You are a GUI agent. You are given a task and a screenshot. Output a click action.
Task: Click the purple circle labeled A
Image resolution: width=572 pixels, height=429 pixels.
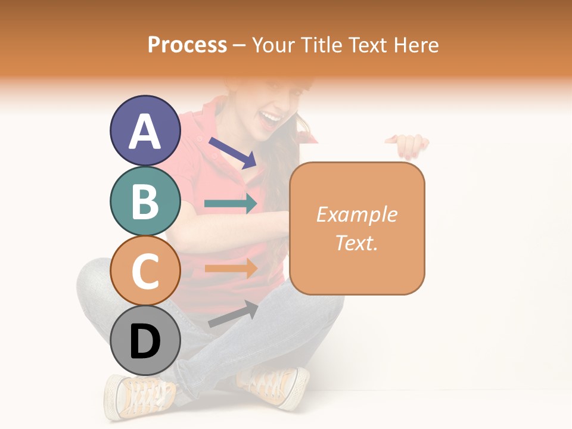tap(145, 131)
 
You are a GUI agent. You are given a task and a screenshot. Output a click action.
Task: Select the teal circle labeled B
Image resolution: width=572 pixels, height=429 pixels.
tap(145, 201)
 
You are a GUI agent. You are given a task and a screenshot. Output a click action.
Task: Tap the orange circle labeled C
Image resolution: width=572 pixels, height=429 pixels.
tap(145, 271)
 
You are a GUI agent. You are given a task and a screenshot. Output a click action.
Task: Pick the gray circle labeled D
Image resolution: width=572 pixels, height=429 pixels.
tap(145, 340)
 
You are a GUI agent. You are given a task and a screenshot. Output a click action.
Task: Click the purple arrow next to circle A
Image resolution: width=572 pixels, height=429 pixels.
tap(232, 152)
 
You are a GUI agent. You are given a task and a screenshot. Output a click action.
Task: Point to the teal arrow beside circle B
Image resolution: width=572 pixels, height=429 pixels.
tap(231, 204)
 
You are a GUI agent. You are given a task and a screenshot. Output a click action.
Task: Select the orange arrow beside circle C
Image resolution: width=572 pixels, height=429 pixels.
tap(231, 268)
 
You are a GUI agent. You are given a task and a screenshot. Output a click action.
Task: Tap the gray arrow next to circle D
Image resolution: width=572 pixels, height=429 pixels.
tap(233, 314)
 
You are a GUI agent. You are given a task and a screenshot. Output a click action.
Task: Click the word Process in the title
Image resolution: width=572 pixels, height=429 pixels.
tap(187, 45)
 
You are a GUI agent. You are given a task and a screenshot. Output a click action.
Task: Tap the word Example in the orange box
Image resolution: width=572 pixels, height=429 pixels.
tap(356, 214)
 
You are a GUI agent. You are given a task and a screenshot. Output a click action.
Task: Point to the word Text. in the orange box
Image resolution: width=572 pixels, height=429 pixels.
tap(356, 243)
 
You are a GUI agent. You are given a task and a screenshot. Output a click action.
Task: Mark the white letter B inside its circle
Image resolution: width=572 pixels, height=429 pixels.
tap(145, 201)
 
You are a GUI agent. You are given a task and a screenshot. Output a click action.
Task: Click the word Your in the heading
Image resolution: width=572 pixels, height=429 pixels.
tap(272, 45)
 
